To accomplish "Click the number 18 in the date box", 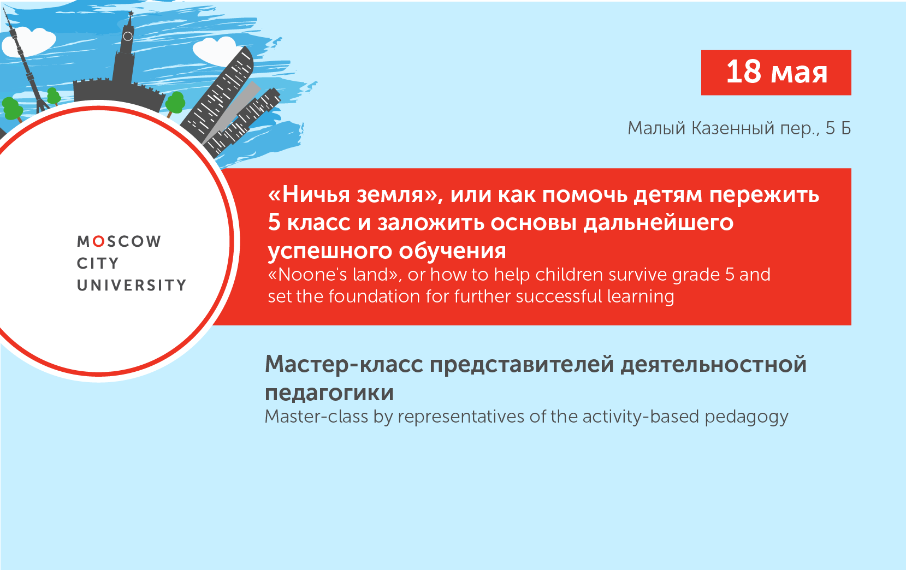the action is pyautogui.click(x=743, y=72).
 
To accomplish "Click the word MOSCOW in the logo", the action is pyautogui.click(x=119, y=241).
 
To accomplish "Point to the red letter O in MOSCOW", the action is pyautogui.click(x=99, y=241).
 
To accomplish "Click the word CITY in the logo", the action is pyautogui.click(x=98, y=263).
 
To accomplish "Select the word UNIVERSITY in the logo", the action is pyautogui.click(x=132, y=285).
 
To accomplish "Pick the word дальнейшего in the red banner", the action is pyautogui.click(x=658, y=223).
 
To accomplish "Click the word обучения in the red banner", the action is pyautogui.click(x=452, y=251).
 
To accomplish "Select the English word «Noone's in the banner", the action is pyautogui.click(x=307, y=274).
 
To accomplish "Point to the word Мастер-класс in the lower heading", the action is pyautogui.click(x=344, y=364).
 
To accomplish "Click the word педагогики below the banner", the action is pyautogui.click(x=329, y=393).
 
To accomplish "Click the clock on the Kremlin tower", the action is pyautogui.click(x=128, y=36).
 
